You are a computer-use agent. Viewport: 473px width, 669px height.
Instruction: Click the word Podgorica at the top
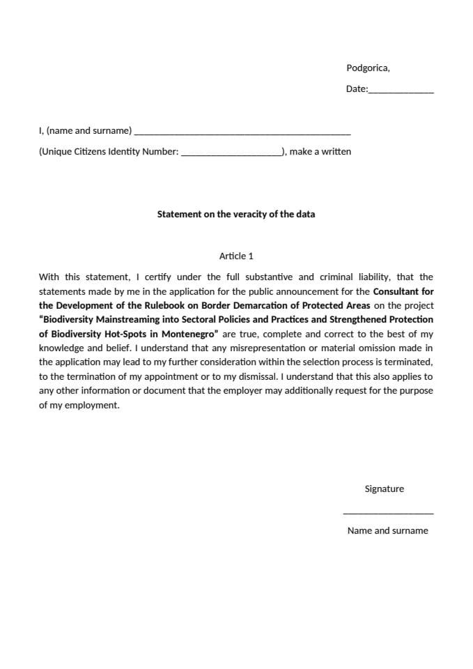click(x=367, y=68)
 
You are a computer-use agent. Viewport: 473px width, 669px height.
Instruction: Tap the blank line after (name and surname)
click(x=242, y=132)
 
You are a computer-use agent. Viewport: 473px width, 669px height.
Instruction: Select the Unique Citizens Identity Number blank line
click(x=231, y=153)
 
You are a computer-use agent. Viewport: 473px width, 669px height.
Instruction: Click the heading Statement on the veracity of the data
click(x=236, y=214)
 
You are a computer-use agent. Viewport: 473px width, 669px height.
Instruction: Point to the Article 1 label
click(x=236, y=256)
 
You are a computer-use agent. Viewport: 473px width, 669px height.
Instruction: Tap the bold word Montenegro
click(x=189, y=334)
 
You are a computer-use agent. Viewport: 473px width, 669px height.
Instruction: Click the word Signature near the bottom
click(x=384, y=489)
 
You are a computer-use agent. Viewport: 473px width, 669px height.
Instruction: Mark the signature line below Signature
click(x=388, y=513)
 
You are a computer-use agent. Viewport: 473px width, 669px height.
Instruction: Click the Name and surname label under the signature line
click(x=387, y=530)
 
